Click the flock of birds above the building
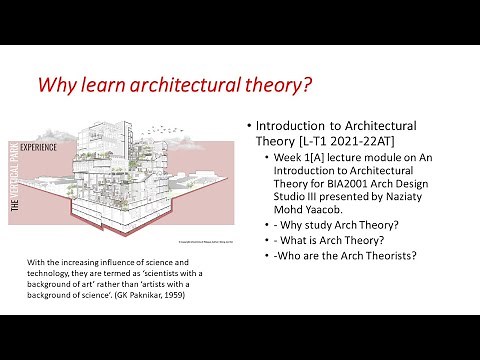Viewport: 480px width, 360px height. [x=172, y=131]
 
